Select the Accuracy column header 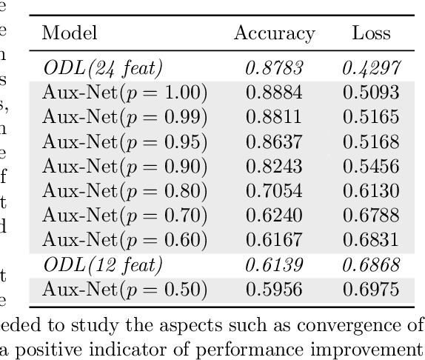(274, 33)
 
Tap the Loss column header (371, 33)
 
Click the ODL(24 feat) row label (102, 69)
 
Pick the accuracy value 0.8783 (274, 69)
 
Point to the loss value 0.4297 (371, 69)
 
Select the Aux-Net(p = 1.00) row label (124, 93)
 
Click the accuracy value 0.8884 (274, 93)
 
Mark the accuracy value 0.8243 (274, 167)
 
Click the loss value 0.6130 (371, 191)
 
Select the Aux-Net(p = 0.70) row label (124, 216)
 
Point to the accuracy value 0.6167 (274, 240)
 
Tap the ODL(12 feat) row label (102, 264)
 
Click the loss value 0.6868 (371, 264)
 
